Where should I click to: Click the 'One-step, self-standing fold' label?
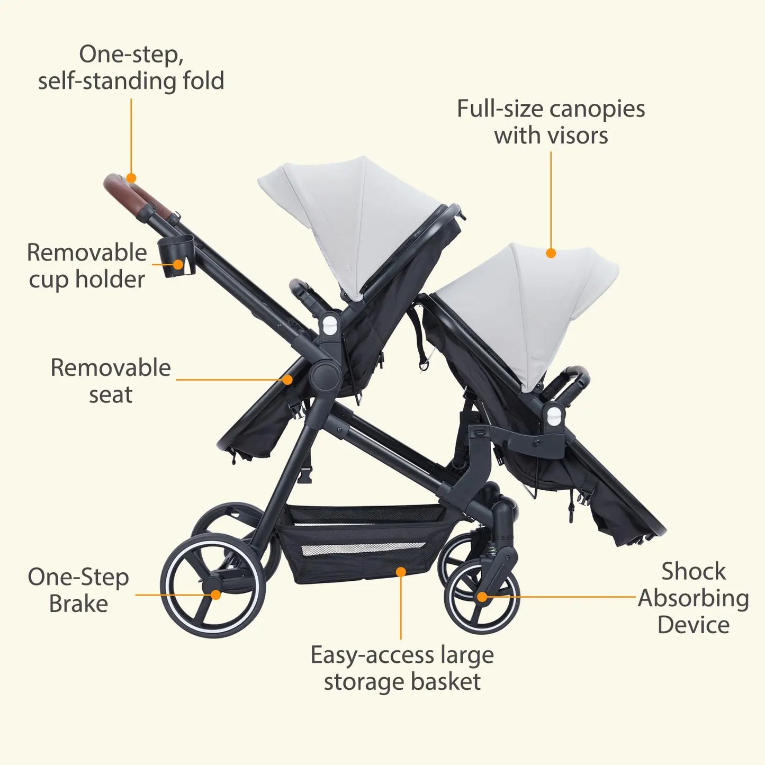131,68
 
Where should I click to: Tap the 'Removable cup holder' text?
87,266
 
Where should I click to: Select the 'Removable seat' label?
111,381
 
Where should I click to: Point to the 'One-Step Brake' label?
78,590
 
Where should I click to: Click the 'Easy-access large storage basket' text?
402,668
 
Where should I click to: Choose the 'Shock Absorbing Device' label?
694,598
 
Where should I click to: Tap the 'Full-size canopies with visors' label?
551,122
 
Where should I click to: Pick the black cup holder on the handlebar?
178,256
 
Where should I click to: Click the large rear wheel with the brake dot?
213,585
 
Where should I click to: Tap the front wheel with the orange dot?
482,597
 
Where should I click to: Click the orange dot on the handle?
131,178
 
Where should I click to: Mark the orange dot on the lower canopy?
551,253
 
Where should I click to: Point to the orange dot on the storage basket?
401,572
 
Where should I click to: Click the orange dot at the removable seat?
287,380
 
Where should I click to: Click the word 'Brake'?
78,604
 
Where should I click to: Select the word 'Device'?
694,625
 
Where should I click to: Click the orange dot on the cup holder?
178,265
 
